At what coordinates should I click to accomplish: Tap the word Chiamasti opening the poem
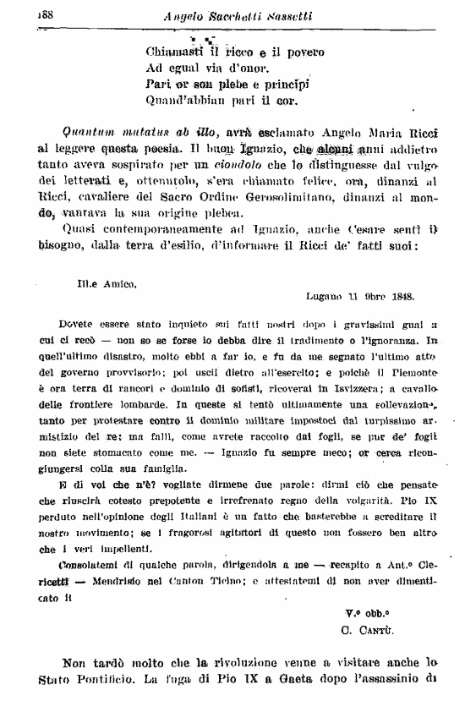pos(174,52)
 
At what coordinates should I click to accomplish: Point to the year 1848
pos(397,296)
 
